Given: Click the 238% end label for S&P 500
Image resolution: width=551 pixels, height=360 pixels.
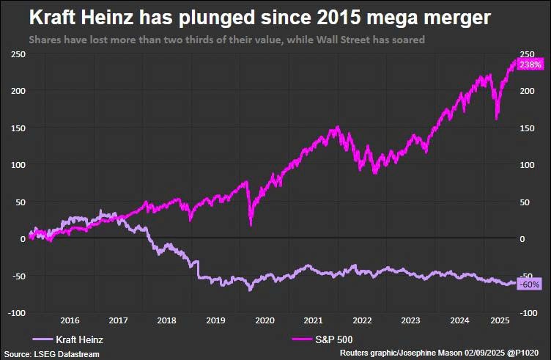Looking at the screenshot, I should click(529, 65).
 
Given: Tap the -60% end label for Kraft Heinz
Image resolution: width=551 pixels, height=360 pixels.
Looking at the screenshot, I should click(529, 284).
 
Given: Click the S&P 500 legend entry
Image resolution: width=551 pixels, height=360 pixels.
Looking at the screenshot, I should click(311, 339).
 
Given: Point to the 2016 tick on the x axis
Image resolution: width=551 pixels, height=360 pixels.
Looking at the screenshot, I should click(70, 320).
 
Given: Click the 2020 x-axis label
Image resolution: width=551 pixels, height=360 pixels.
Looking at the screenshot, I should click(264, 320).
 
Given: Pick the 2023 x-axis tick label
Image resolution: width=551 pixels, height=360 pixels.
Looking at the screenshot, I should click(410, 320).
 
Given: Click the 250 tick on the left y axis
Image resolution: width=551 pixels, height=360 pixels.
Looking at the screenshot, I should click(18, 54).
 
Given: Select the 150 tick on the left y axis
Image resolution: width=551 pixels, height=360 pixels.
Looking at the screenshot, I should click(18, 128).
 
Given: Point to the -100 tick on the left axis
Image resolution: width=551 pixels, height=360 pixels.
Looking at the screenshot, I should click(15, 313).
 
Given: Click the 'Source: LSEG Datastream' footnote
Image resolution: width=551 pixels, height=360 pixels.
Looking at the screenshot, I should click(51, 354).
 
